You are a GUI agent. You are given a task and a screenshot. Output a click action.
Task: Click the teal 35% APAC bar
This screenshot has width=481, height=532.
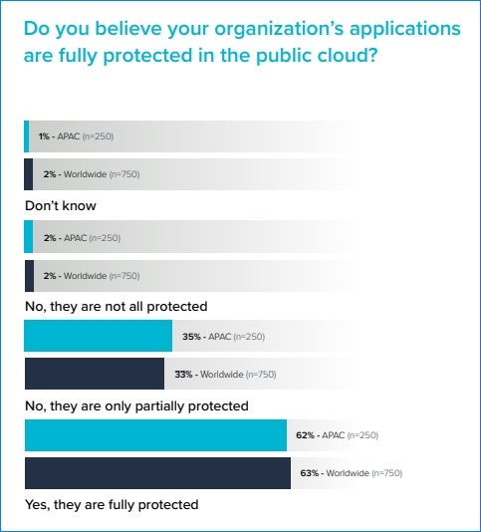click(x=98, y=336)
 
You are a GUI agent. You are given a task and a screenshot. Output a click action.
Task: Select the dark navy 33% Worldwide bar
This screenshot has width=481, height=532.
click(x=95, y=374)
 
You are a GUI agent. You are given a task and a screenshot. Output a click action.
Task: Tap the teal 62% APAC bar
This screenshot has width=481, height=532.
click(x=155, y=435)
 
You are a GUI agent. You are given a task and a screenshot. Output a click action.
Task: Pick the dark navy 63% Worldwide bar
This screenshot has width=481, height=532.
click(x=157, y=473)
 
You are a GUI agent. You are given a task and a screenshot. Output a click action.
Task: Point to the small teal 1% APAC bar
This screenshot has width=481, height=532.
click(x=27, y=136)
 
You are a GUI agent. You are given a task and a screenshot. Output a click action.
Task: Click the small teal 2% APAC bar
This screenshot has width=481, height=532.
click(x=29, y=237)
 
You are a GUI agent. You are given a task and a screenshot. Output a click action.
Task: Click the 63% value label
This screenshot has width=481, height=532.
click(x=310, y=473)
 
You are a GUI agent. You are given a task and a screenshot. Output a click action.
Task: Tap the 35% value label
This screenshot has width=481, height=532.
click(x=191, y=337)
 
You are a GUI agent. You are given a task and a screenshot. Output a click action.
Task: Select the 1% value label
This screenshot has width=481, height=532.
click(x=44, y=136)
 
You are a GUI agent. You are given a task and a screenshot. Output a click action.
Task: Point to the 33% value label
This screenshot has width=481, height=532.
click(x=183, y=375)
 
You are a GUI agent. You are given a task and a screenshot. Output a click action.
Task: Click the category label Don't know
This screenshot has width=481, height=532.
click(x=61, y=205)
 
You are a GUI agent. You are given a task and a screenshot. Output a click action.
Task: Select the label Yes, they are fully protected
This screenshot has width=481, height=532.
click(x=112, y=505)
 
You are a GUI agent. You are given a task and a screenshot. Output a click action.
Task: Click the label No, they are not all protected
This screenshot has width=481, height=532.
click(x=116, y=307)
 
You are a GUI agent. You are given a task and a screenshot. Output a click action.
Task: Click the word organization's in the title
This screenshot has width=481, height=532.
click(x=279, y=30)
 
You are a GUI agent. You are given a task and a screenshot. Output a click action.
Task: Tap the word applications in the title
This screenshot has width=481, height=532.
click(x=405, y=30)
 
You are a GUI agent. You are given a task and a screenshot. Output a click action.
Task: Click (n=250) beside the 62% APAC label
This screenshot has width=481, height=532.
click(x=362, y=435)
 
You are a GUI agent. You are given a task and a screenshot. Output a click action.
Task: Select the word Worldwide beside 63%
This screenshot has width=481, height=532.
click(x=348, y=473)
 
